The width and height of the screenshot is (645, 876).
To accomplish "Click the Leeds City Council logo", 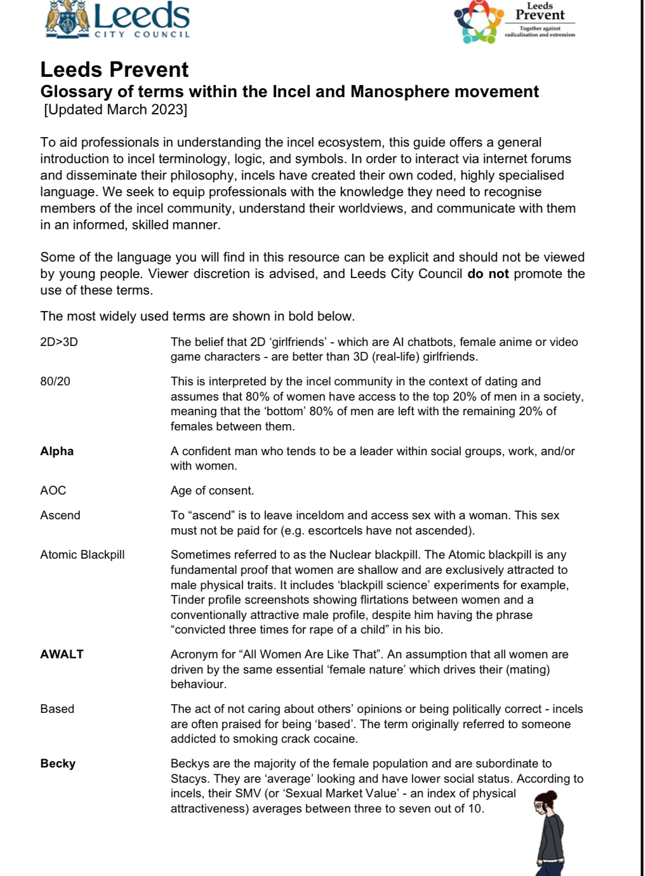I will point(118,19).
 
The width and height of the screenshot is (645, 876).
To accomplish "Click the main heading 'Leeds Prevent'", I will point(114,69).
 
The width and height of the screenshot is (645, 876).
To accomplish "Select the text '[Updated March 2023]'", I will point(116,110).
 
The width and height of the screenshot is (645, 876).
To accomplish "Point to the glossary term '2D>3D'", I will point(58,342).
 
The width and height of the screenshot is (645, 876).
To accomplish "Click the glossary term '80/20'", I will point(55,382).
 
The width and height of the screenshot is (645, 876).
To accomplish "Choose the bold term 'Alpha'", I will point(57,451).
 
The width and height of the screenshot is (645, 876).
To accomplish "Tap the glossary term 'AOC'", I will point(53,491).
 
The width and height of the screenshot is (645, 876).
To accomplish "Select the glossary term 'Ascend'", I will point(60,515).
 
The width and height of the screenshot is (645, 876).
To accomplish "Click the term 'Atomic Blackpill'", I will point(83,555).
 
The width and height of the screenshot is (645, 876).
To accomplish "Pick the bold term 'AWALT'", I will point(62,654).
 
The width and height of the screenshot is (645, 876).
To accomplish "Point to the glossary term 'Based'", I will point(57,709).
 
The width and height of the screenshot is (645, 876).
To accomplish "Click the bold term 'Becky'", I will point(58,764).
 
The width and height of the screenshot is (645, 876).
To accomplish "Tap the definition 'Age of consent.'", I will point(212,491).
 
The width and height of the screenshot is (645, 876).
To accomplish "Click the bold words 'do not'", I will point(488,274).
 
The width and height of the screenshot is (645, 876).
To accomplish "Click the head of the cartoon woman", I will point(545,803).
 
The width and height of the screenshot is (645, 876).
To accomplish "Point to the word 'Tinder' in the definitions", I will point(189,600).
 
